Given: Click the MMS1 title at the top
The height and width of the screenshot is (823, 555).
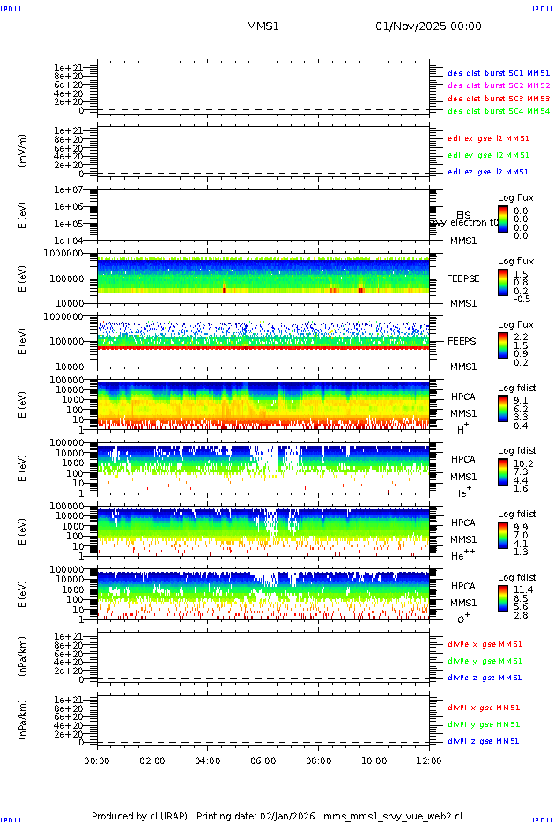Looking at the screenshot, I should [x=263, y=26].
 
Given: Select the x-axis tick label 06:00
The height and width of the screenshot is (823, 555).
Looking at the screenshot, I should [x=263, y=760].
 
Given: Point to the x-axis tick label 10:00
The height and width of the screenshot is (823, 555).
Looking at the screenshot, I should [x=374, y=760].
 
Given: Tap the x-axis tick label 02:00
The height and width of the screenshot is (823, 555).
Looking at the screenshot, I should [x=152, y=760].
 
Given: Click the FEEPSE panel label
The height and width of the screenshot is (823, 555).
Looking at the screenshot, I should [x=463, y=278].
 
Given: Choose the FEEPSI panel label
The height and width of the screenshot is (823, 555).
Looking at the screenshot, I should [x=463, y=340].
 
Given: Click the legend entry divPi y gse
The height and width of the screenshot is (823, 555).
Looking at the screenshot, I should [x=484, y=724].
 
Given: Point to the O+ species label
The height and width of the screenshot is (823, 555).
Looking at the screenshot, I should [x=462, y=619].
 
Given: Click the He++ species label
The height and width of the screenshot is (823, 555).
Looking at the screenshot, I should [x=462, y=556].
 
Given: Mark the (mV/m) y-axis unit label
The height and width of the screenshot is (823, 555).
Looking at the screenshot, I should [x=23, y=151].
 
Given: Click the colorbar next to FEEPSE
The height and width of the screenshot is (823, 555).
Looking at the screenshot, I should [x=502, y=281].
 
